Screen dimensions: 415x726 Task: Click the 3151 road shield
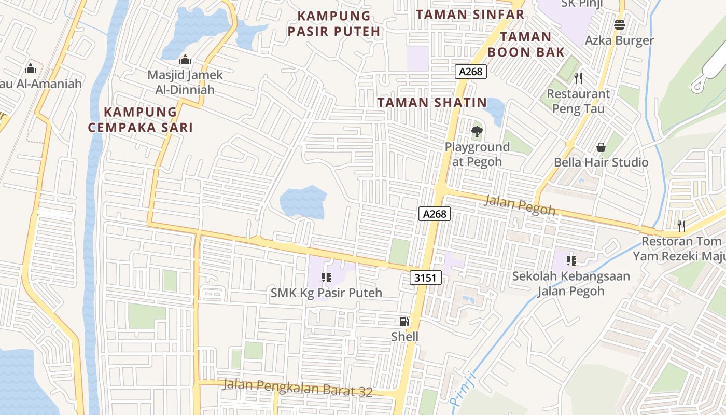(426, 278)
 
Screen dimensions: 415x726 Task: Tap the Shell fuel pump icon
(404, 322)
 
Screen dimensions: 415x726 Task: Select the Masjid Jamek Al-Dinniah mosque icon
(185, 60)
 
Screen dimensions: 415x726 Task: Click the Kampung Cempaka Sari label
(140, 120)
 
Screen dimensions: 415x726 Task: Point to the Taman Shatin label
(432, 103)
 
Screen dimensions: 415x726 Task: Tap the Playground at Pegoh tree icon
(477, 132)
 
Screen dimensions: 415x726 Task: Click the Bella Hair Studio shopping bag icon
(601, 147)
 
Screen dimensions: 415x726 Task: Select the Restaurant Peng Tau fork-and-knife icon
(578, 78)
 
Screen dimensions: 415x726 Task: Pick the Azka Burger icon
(619, 24)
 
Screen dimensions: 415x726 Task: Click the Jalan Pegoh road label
(520, 205)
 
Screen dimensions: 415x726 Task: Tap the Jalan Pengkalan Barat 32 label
(298, 388)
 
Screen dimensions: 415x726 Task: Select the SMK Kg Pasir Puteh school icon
(327, 278)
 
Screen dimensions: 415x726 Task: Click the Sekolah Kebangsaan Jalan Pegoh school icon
(571, 260)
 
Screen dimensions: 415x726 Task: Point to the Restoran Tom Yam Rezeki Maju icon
(681, 226)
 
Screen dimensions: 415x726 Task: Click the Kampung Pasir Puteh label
(334, 24)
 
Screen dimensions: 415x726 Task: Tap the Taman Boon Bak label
(526, 44)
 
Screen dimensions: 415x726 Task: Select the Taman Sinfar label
(470, 15)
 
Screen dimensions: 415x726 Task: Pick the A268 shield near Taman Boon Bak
(471, 72)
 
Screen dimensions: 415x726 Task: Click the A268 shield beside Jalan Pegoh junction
(435, 214)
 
